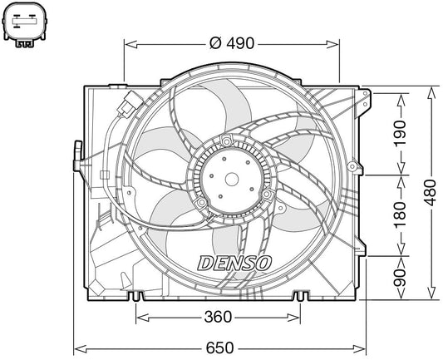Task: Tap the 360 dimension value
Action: (217, 317)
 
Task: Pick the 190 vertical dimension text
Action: (400, 135)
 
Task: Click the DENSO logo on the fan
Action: (234, 264)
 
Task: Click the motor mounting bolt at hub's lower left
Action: (202, 203)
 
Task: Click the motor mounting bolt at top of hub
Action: (225, 143)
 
